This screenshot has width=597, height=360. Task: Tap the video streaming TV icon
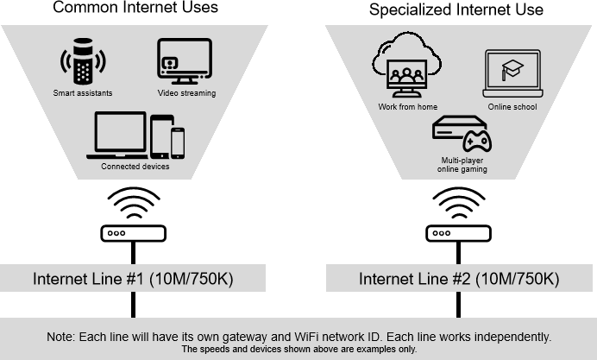[185, 60]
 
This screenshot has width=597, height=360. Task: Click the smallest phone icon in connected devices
[178, 142]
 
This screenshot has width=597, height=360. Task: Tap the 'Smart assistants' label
[82, 92]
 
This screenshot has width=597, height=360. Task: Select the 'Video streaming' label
[186, 92]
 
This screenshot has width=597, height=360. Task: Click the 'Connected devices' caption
[135, 167]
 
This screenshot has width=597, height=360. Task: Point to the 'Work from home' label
[407, 107]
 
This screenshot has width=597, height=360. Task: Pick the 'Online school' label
[512, 107]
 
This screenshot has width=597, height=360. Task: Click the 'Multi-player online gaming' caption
[463, 165]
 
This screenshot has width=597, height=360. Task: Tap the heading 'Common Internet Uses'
[136, 9]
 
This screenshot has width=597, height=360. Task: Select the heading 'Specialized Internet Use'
[456, 10]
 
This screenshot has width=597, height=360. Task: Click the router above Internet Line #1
[133, 233]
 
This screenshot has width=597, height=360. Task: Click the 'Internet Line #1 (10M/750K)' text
[133, 279]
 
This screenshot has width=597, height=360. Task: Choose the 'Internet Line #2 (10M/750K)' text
[459, 279]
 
